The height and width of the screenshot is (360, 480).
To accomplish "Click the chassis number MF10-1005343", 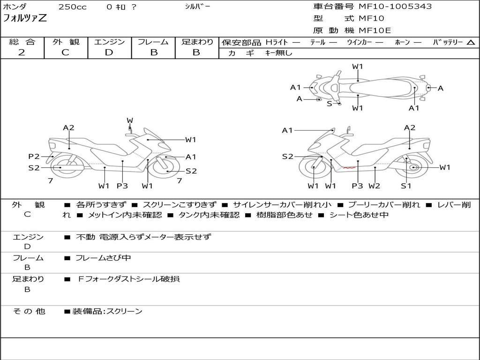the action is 395,7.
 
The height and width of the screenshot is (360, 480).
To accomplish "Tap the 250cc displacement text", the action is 72,7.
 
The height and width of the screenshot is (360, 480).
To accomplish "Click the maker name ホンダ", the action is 15,7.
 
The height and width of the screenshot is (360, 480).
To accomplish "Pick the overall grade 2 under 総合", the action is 22,52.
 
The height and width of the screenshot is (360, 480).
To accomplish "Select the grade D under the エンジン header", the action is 109,52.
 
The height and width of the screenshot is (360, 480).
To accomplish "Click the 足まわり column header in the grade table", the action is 197,42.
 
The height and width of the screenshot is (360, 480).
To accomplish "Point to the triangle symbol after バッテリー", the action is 471,43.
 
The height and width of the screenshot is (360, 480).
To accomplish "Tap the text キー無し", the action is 278,53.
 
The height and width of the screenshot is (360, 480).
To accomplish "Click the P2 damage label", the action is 34,157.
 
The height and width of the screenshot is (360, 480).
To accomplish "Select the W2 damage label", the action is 374,186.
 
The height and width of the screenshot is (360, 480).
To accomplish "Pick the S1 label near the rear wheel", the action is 406,186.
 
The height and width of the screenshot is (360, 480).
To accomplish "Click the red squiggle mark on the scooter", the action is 349,166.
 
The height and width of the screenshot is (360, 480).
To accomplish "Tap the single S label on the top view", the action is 329,104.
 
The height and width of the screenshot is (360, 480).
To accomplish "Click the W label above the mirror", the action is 130,120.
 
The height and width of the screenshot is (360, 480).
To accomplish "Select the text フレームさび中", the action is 103,258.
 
